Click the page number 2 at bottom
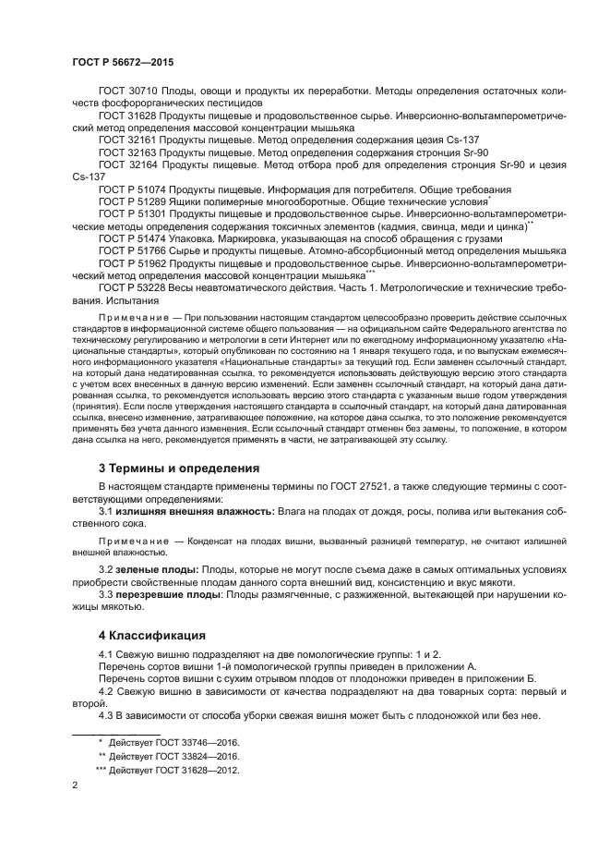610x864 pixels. pos(75,785)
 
